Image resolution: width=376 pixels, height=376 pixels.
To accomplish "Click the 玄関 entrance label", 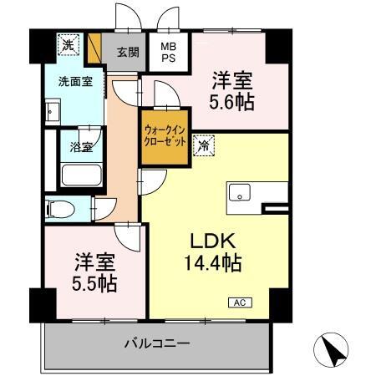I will pyautogui.click(x=127, y=52).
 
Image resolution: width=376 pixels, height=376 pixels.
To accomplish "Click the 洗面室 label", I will pyautogui.click(x=69, y=83).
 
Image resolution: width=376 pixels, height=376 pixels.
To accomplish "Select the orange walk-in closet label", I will pyautogui.click(x=165, y=134).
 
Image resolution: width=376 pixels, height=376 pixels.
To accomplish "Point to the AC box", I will pyautogui.click(x=237, y=302).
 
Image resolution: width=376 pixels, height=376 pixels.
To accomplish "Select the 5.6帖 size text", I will pyautogui.click(x=231, y=103).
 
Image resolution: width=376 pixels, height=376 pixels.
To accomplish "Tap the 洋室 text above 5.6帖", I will pyautogui.click(x=231, y=80).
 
